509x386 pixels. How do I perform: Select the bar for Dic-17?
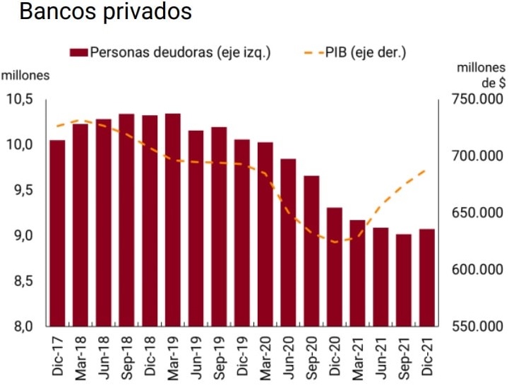[57, 233]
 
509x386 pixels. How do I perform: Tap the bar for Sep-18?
[126, 220]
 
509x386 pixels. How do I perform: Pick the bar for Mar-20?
[265, 234]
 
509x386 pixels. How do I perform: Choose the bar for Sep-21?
[404, 280]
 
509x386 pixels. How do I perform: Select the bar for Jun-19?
[196, 228]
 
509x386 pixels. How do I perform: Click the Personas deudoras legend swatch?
[78, 52]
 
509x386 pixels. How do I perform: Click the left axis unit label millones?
[25, 76]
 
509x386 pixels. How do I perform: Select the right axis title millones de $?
[480, 75]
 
